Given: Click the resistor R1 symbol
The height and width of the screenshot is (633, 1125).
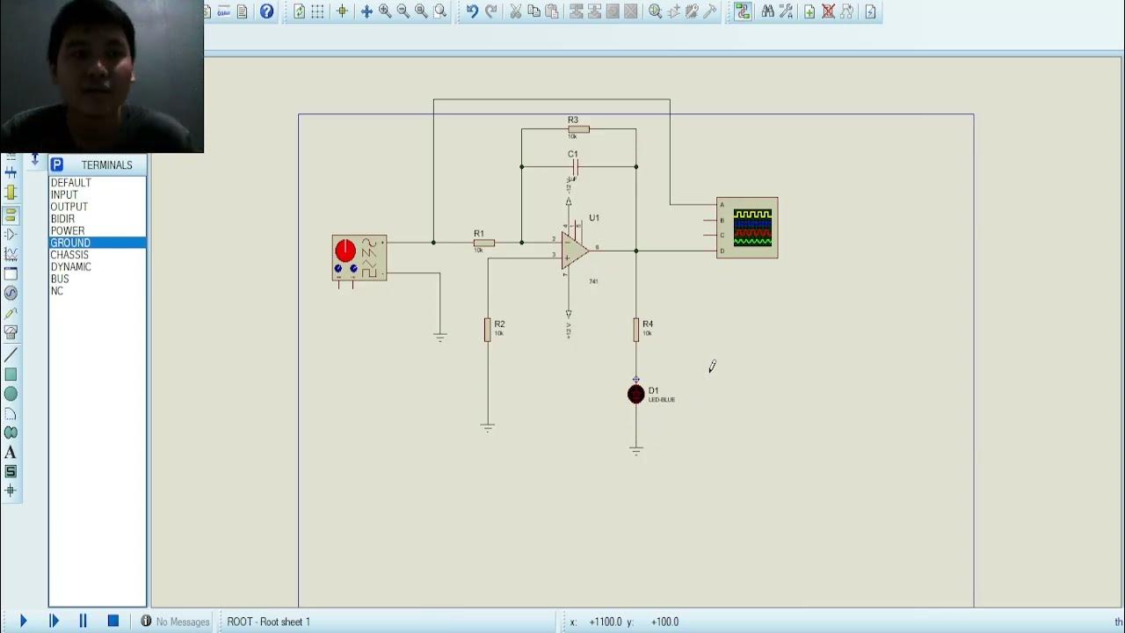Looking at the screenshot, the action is point(484,243).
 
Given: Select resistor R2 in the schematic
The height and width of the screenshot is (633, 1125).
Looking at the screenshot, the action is point(488,330).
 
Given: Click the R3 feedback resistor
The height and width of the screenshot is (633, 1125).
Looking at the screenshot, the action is point(578,129).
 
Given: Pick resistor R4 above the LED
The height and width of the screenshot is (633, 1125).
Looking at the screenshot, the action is point(636,330).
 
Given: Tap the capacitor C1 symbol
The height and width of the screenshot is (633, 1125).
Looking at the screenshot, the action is point(575,166).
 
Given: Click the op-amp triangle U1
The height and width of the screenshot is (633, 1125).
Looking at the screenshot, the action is point(574,251).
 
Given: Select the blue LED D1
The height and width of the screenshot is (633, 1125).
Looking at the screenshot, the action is point(636,395).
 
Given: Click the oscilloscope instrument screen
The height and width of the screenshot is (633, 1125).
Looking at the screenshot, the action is point(753,227).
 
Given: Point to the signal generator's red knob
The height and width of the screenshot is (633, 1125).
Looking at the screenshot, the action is point(345,251).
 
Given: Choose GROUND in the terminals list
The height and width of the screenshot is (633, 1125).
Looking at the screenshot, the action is point(70,243).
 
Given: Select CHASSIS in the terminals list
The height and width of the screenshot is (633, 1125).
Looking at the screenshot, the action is point(69,255).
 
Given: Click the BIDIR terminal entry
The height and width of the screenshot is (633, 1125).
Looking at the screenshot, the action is point(62,219).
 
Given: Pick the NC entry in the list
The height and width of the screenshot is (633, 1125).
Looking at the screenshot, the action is point(57,291).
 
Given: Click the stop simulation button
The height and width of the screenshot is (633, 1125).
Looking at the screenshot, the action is point(113,621).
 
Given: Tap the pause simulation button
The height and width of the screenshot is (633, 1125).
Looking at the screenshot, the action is point(83,621).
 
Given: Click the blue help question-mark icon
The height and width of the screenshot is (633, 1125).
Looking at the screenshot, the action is point(266,11).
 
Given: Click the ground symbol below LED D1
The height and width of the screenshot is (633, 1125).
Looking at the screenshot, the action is point(636,451).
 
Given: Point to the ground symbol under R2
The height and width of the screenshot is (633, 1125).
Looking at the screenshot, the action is point(488,427).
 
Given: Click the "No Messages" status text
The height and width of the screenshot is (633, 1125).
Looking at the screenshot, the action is point(183,622).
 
